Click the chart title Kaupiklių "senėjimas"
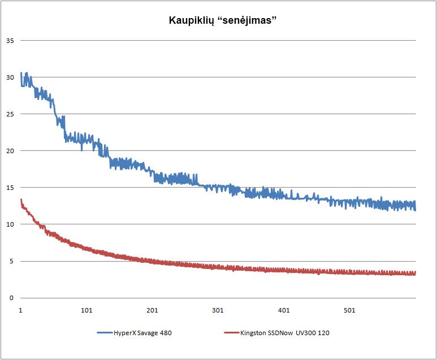tap(222, 21)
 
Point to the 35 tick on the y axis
tap(10, 41)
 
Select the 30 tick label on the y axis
tap(10, 77)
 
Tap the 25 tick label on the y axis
tap(10, 114)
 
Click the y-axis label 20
tap(10, 151)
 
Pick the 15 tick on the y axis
tap(10, 188)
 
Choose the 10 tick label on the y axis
tap(10, 224)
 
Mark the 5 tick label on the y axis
tap(11, 261)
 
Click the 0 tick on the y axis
tap(11, 298)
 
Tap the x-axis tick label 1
tap(20, 310)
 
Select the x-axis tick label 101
tap(86, 310)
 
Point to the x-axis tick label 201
tap(152, 310)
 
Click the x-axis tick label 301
tap(218, 310)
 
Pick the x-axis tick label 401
tap(284, 310)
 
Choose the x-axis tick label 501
tap(349, 310)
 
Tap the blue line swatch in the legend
tap(108, 333)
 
